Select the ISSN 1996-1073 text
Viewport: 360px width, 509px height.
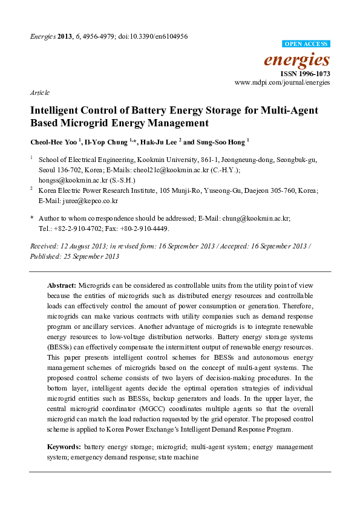pos(305,73)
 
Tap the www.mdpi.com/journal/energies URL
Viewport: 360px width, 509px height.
pos(282,82)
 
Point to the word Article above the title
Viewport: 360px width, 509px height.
pos(39,93)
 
